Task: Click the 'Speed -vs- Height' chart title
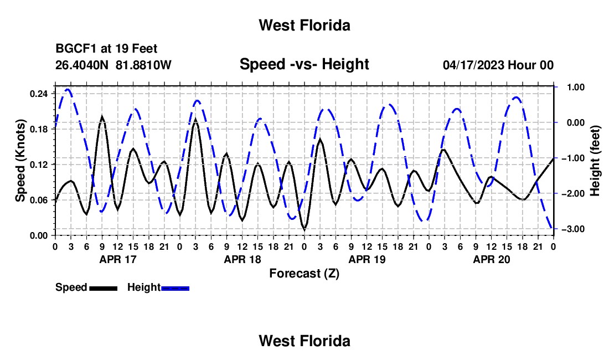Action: point(304,64)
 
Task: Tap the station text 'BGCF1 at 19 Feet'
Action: point(106,49)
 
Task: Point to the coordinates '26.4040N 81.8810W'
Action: point(113,65)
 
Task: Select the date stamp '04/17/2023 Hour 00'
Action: point(498,65)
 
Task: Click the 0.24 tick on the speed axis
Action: point(39,94)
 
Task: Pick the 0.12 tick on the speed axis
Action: point(39,164)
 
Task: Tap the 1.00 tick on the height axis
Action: point(576,87)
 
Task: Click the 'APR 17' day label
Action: point(118,259)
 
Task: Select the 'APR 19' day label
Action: point(367,259)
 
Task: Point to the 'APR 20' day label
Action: point(491,259)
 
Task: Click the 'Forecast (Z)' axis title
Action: point(304,274)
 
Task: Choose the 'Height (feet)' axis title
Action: point(595,161)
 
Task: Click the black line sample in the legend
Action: point(104,288)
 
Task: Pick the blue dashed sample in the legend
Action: point(175,288)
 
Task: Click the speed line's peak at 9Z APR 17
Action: point(102,116)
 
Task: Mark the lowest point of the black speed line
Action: point(304,229)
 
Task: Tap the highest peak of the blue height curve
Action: point(68,90)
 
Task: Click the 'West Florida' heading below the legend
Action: point(304,341)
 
